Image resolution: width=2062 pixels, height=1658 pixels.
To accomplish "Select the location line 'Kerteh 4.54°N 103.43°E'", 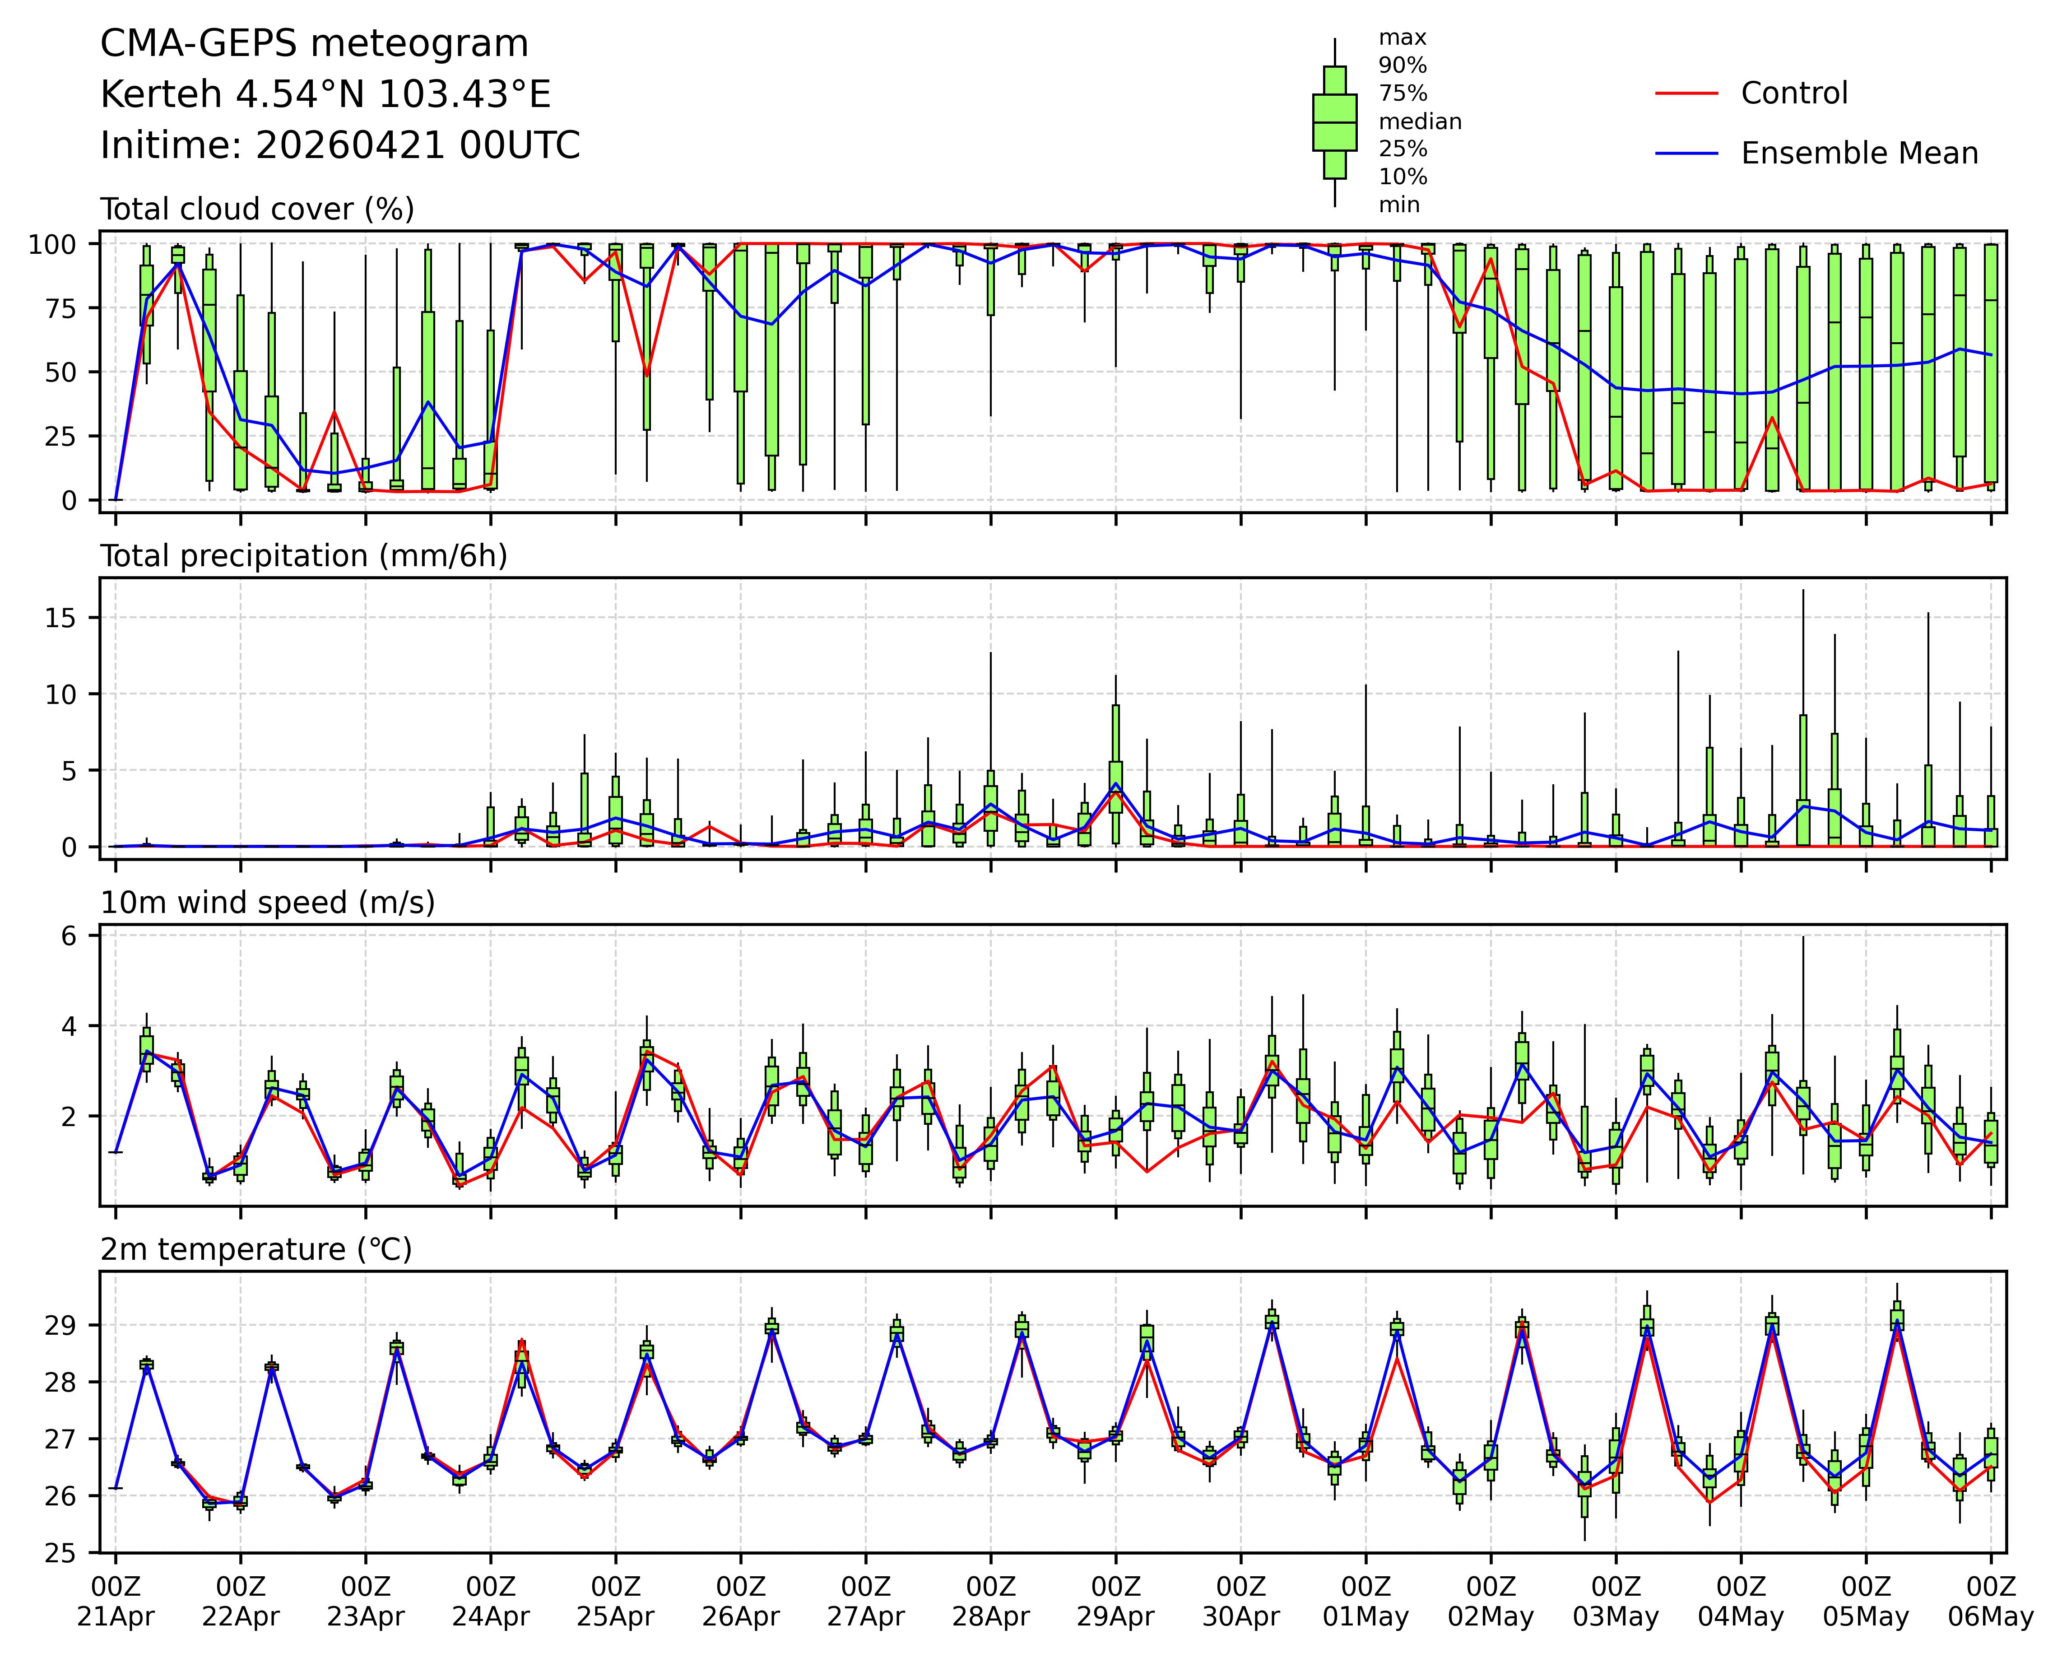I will [325, 95].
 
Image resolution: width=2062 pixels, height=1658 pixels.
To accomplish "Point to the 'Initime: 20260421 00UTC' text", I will [339, 145].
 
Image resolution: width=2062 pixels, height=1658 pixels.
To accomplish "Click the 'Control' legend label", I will [1793, 94].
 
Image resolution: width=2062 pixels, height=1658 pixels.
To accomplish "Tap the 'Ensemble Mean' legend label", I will [1858, 153].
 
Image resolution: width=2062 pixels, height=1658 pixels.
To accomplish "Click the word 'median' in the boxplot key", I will [1419, 121].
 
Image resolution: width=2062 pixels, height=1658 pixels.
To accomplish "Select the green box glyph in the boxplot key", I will [1334, 122].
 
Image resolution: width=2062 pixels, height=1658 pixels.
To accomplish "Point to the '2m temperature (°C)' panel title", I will [256, 1249].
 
